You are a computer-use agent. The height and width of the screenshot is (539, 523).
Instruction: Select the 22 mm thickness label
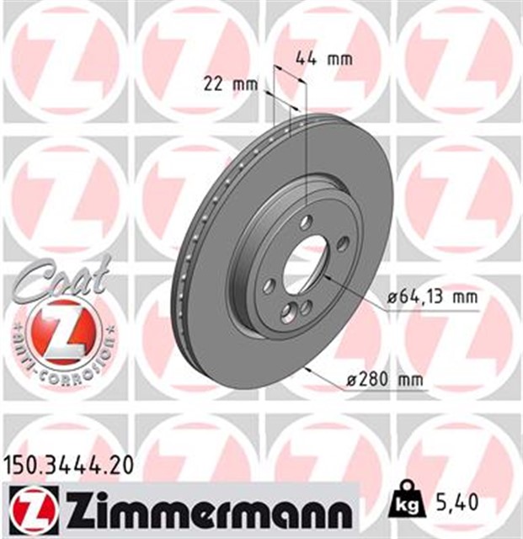click(230, 83)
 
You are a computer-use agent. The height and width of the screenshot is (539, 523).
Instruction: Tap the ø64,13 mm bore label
click(432, 296)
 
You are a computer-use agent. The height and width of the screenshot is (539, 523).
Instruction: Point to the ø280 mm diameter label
click(383, 381)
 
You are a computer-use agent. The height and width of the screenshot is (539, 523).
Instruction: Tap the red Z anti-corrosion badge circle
click(57, 332)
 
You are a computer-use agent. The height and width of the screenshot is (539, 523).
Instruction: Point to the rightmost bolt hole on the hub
click(343, 243)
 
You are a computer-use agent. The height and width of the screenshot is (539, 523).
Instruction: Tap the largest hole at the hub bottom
click(289, 314)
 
